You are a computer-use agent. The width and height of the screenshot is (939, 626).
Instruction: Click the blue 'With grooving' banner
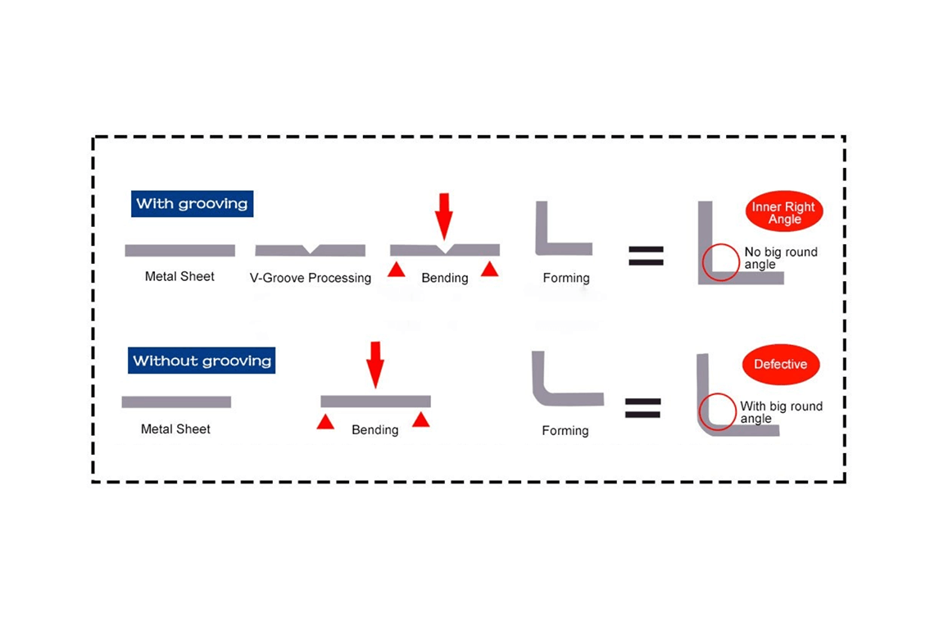click(x=192, y=204)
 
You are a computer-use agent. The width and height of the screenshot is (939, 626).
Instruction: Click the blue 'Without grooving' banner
click(x=202, y=361)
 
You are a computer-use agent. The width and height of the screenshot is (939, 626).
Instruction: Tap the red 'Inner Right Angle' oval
click(x=784, y=213)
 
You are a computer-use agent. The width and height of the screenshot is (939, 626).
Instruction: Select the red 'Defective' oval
click(x=780, y=365)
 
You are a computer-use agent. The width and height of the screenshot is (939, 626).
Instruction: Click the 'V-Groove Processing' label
click(x=311, y=278)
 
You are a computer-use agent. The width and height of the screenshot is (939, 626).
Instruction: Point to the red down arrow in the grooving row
click(x=443, y=215)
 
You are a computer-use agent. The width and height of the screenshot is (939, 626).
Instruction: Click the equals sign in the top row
click(x=646, y=254)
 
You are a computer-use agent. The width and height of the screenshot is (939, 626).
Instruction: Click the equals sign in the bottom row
click(x=642, y=407)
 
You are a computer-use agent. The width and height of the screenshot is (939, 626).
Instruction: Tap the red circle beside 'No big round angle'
click(x=721, y=262)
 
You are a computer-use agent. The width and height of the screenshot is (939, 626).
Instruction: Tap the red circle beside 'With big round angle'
click(x=718, y=411)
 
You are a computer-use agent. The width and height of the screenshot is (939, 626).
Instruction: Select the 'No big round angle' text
click(x=780, y=258)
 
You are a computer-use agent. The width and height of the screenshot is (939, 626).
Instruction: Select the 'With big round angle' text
click(x=780, y=412)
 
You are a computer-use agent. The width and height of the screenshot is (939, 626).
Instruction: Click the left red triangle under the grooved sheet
click(x=397, y=270)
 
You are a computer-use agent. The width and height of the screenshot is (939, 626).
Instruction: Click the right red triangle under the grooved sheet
click(x=490, y=270)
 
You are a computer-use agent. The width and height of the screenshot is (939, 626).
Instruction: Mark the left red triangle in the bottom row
click(x=325, y=422)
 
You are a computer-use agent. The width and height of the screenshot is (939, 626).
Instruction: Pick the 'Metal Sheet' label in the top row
click(x=179, y=277)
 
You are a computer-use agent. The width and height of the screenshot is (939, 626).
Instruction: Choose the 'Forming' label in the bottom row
click(x=565, y=430)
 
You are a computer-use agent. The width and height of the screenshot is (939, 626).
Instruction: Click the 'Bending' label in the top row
click(x=444, y=278)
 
